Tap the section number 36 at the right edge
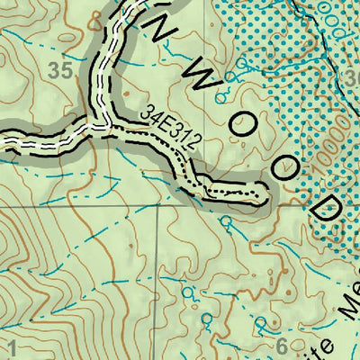pos(352,80)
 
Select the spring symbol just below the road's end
pos(227,218)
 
